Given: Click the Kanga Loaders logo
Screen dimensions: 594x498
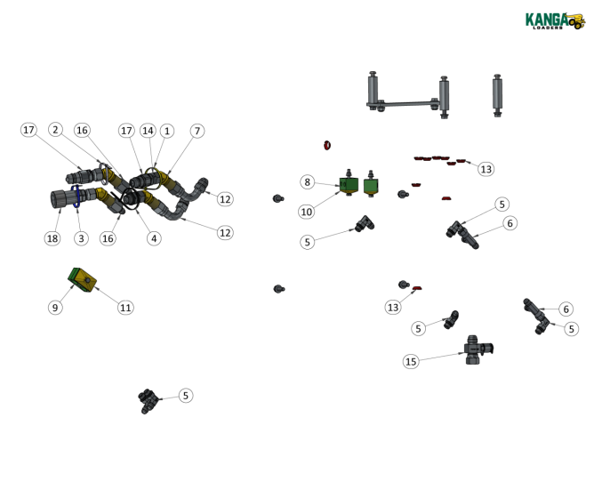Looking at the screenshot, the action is pyautogui.click(x=555, y=20).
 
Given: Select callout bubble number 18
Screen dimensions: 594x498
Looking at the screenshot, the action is pyautogui.click(x=52, y=238).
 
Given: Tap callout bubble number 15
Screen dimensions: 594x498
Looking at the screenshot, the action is pyautogui.click(x=411, y=362).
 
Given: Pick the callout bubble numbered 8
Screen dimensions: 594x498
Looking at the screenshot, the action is pyautogui.click(x=308, y=182).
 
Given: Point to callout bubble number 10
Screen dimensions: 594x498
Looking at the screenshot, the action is pyautogui.click(x=307, y=212).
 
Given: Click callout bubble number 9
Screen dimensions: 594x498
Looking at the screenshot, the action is pyautogui.click(x=55, y=308).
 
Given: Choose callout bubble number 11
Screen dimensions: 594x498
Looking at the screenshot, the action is pyautogui.click(x=125, y=308).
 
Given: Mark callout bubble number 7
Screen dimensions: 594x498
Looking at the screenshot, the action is pyautogui.click(x=197, y=131).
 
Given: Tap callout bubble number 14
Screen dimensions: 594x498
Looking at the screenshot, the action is pyautogui.click(x=148, y=131).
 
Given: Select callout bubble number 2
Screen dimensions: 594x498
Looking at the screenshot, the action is pyautogui.click(x=55, y=130).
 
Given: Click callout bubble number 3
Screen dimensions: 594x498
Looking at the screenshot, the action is pyautogui.click(x=81, y=238).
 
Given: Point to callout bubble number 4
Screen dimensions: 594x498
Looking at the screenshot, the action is pyautogui.click(x=154, y=238).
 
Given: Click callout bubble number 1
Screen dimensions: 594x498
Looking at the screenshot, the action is pyautogui.click(x=167, y=131).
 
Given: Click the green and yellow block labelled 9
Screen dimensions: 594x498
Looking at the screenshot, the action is pyautogui.click(x=82, y=280).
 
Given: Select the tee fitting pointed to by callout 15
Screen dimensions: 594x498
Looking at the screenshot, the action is pyautogui.click(x=478, y=349).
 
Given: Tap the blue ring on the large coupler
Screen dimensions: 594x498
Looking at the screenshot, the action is pyautogui.click(x=76, y=196).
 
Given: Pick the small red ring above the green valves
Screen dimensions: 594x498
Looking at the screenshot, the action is pyautogui.click(x=327, y=145).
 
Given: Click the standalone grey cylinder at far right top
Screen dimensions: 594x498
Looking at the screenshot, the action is pyautogui.click(x=497, y=95).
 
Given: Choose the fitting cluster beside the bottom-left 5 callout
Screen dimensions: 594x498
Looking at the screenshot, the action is pyautogui.click(x=148, y=400).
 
